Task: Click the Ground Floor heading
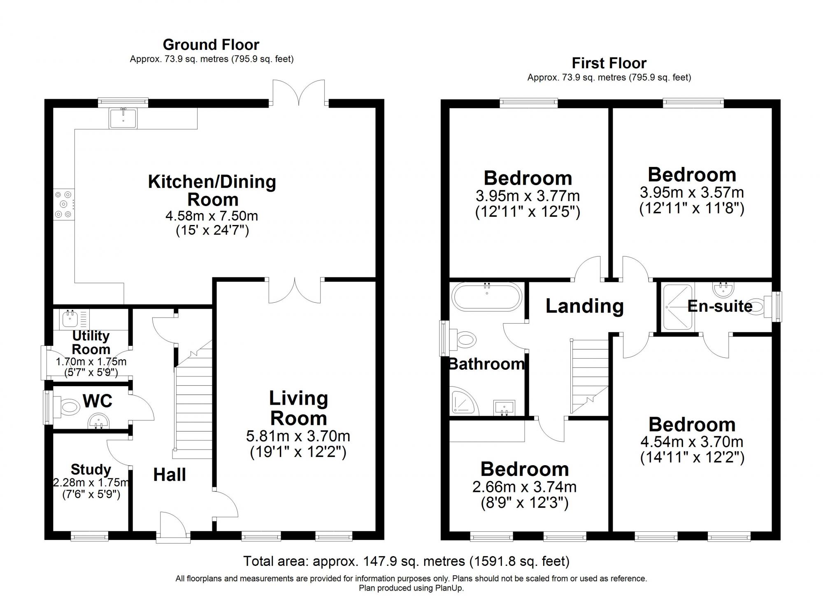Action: click(x=211, y=44)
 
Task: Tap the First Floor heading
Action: click(x=609, y=63)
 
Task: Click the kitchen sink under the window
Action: click(x=123, y=118)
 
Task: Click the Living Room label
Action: click(x=298, y=408)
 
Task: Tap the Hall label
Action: click(x=170, y=475)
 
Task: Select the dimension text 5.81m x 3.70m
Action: click(x=298, y=436)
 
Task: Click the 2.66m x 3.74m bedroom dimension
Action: click(x=524, y=487)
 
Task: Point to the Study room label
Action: click(x=91, y=469)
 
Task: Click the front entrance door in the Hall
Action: click(x=173, y=526)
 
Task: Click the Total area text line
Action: click(x=406, y=561)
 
